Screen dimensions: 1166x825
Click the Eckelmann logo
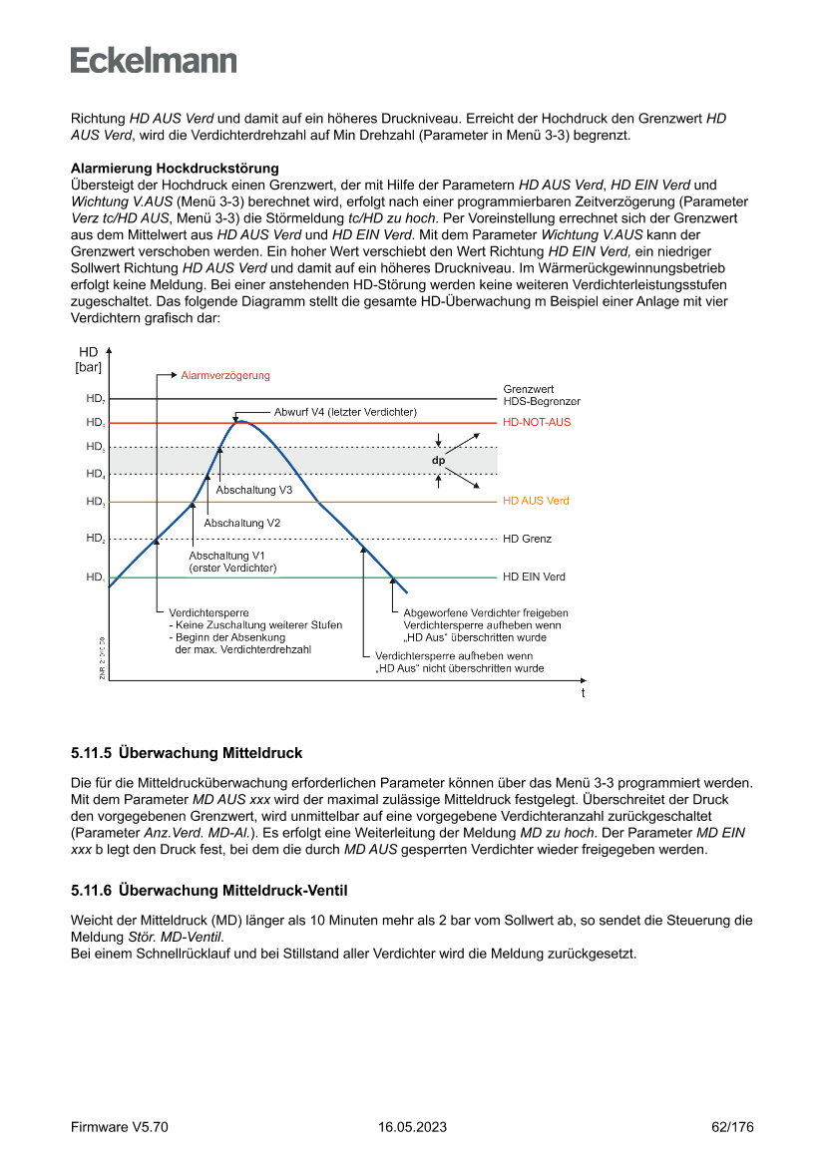point(154,60)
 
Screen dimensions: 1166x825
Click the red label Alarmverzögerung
point(225,375)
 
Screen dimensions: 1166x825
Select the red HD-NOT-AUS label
point(537,423)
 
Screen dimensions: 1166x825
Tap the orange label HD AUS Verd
point(536,501)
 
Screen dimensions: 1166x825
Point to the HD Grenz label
point(527,539)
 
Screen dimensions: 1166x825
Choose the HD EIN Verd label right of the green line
point(534,577)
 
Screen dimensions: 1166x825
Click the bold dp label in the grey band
point(438,461)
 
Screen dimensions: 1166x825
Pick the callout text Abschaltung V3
point(253,490)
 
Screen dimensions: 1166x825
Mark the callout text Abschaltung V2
point(241,523)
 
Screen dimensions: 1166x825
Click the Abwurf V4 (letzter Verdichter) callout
point(345,411)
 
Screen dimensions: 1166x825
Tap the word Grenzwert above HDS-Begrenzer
point(529,389)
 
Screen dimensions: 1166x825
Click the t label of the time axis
point(583,692)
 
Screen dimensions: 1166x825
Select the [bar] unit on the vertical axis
point(89,368)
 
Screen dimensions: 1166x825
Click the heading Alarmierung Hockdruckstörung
point(175,168)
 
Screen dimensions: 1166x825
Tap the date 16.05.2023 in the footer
point(412,1127)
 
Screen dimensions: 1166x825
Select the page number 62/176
point(732,1127)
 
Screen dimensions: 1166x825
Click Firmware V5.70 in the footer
point(120,1127)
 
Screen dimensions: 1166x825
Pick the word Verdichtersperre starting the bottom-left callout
point(208,612)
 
